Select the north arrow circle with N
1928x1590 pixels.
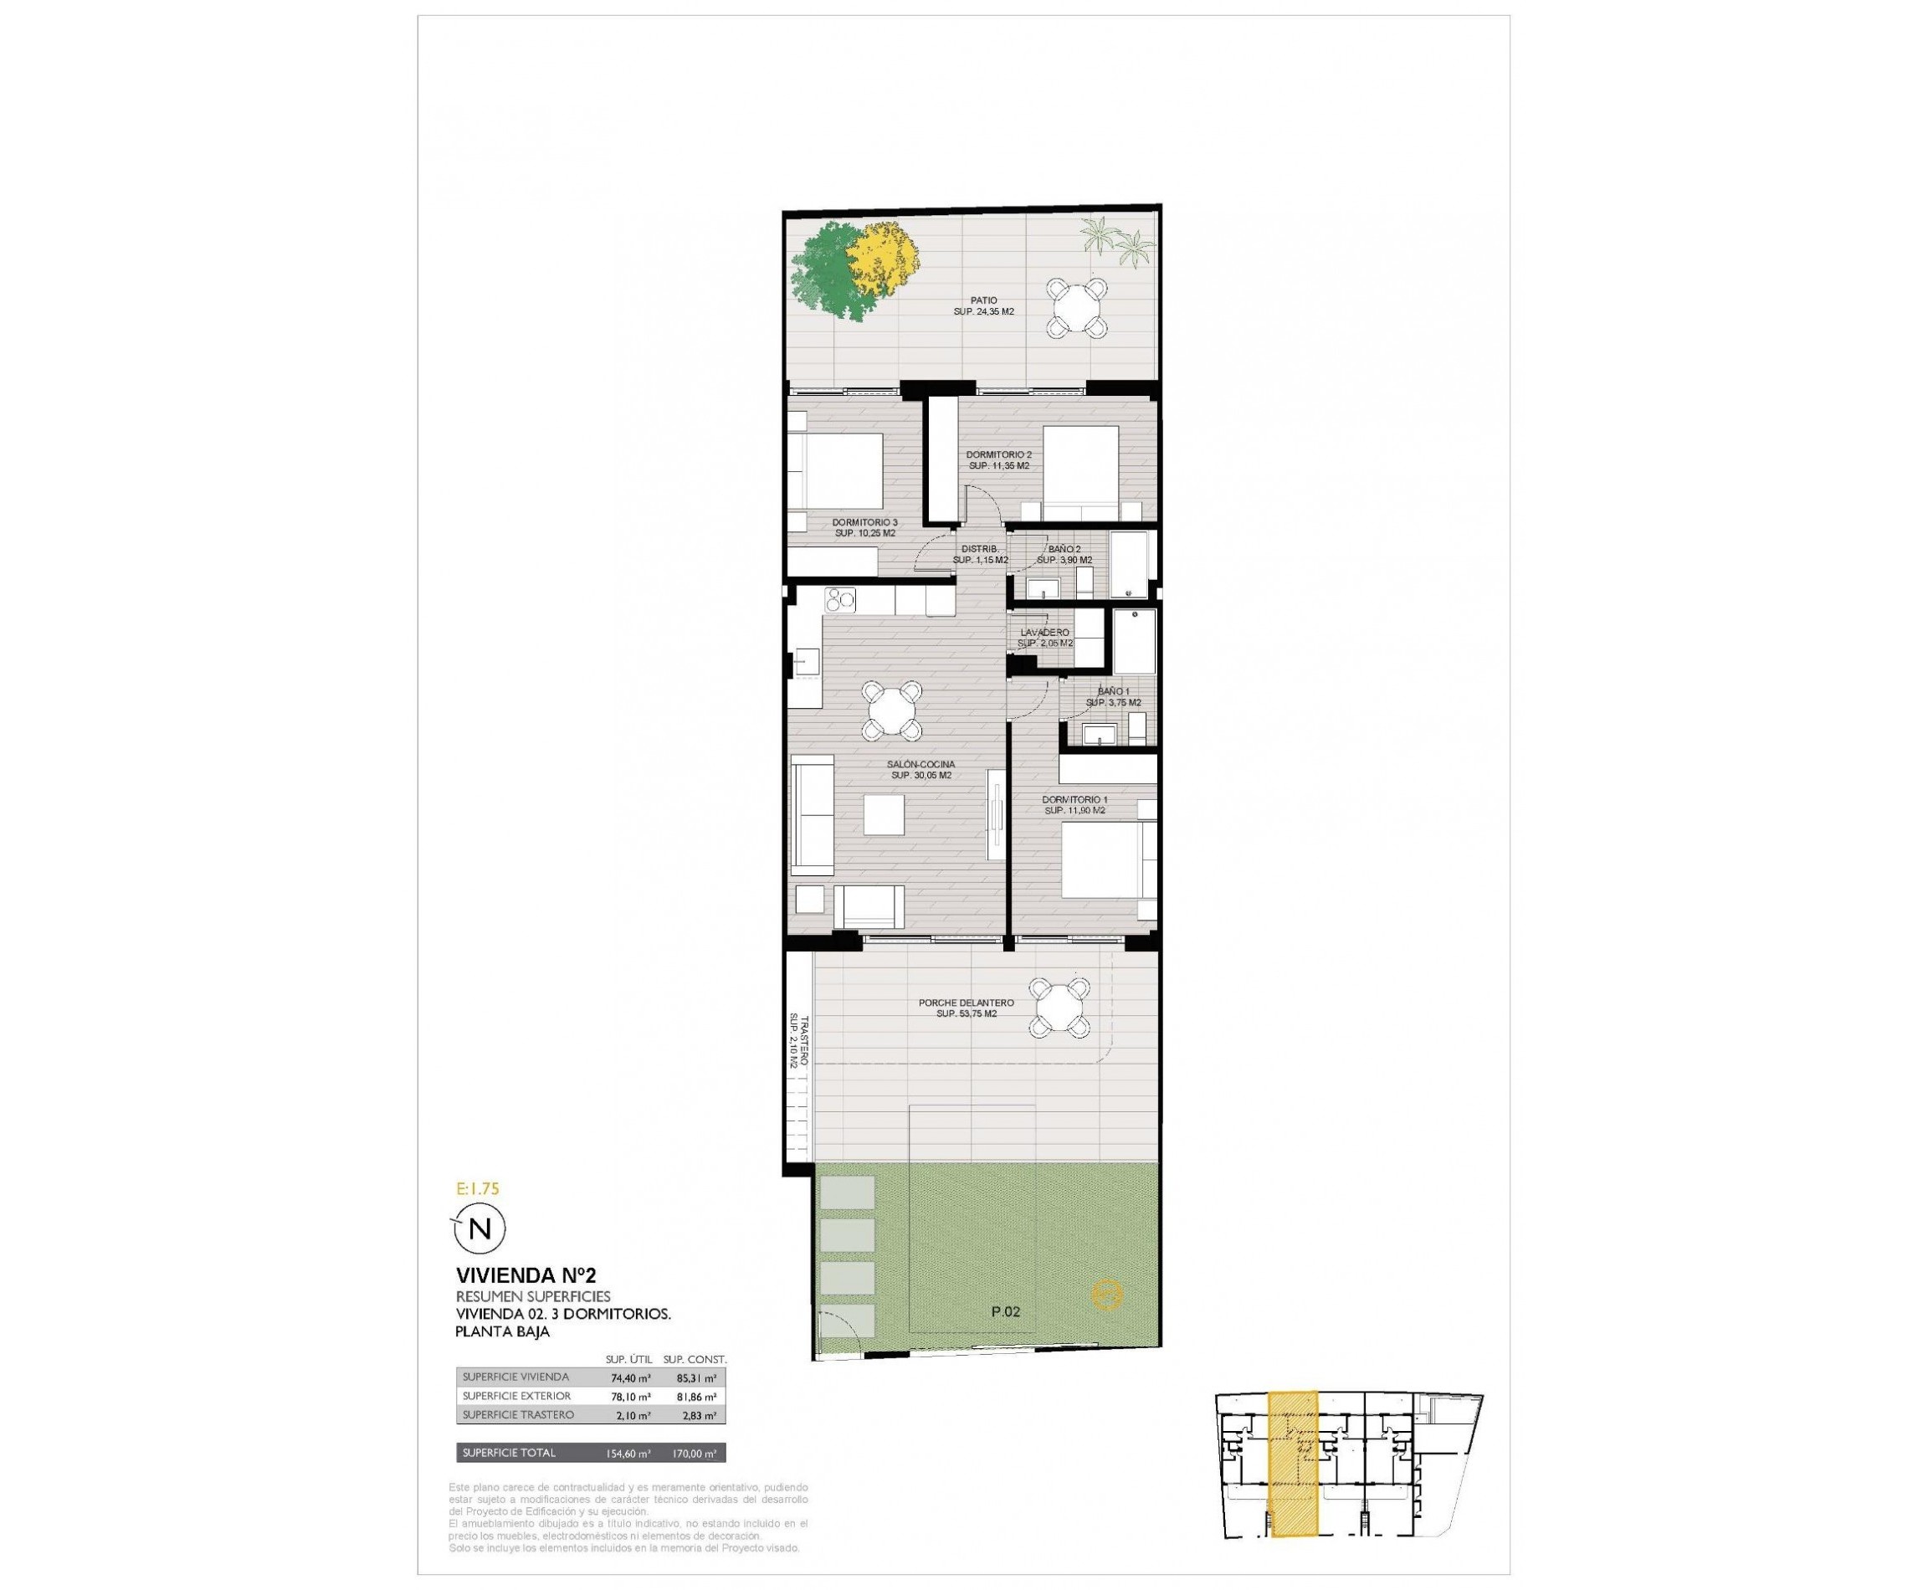[480, 1228]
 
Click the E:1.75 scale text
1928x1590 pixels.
[477, 1189]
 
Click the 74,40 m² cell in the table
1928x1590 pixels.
[630, 1377]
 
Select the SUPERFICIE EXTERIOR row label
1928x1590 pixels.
[516, 1396]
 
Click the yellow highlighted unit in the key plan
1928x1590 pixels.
[1292, 1475]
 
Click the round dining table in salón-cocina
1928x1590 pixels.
[890, 709]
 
